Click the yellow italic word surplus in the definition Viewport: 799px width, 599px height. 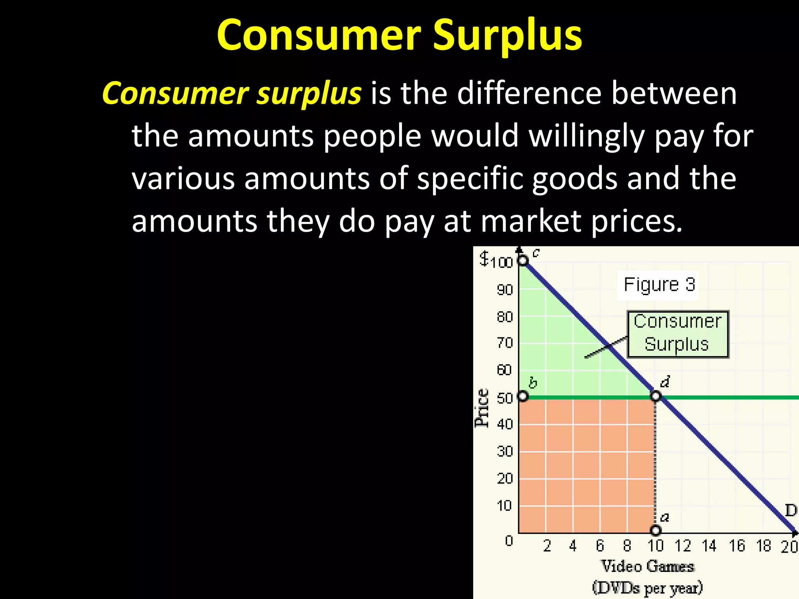[309, 94]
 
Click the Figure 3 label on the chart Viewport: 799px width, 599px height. [659, 284]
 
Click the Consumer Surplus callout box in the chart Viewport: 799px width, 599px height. [678, 334]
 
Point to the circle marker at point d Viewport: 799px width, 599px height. [656, 397]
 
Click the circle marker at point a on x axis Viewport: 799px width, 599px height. [656, 530]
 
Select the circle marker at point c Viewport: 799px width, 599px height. [522, 260]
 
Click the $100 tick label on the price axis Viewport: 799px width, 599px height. [496, 260]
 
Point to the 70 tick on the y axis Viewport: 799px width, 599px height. [504, 343]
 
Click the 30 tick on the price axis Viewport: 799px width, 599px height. [504, 452]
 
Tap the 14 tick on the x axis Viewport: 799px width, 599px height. [709, 546]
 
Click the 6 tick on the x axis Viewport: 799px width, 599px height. [600, 546]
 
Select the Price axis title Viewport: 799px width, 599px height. [482, 408]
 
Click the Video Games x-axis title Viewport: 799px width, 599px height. [648, 566]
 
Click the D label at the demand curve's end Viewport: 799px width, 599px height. [790, 510]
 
